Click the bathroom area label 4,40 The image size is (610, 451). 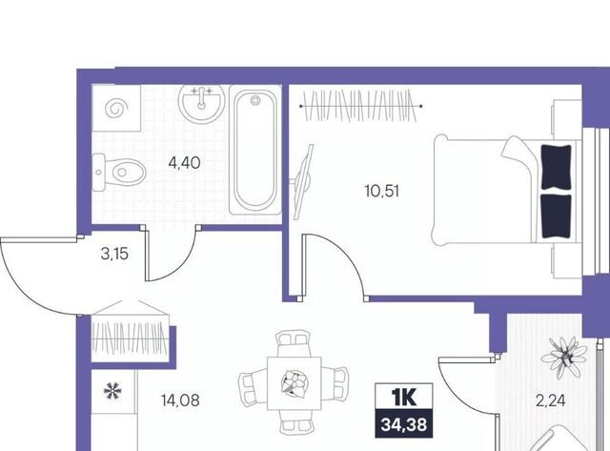(x=184, y=163)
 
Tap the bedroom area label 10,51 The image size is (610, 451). (x=382, y=191)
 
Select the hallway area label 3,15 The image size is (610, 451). (x=114, y=255)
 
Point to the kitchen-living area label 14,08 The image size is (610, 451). (x=180, y=400)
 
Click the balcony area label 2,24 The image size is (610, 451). (x=551, y=400)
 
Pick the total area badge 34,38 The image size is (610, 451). (x=404, y=424)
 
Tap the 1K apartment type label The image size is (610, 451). (x=404, y=397)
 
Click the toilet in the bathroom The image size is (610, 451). (x=119, y=172)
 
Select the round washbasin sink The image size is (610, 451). (x=201, y=102)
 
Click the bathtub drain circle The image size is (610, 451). (x=255, y=101)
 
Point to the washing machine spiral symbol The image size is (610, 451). (x=116, y=109)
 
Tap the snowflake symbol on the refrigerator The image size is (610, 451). (x=112, y=391)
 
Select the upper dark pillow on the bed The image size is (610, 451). (x=556, y=167)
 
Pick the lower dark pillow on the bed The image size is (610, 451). (x=556, y=216)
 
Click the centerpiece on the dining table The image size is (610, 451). (x=295, y=383)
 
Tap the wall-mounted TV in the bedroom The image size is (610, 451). (x=303, y=181)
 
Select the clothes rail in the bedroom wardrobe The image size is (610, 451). (x=361, y=106)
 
